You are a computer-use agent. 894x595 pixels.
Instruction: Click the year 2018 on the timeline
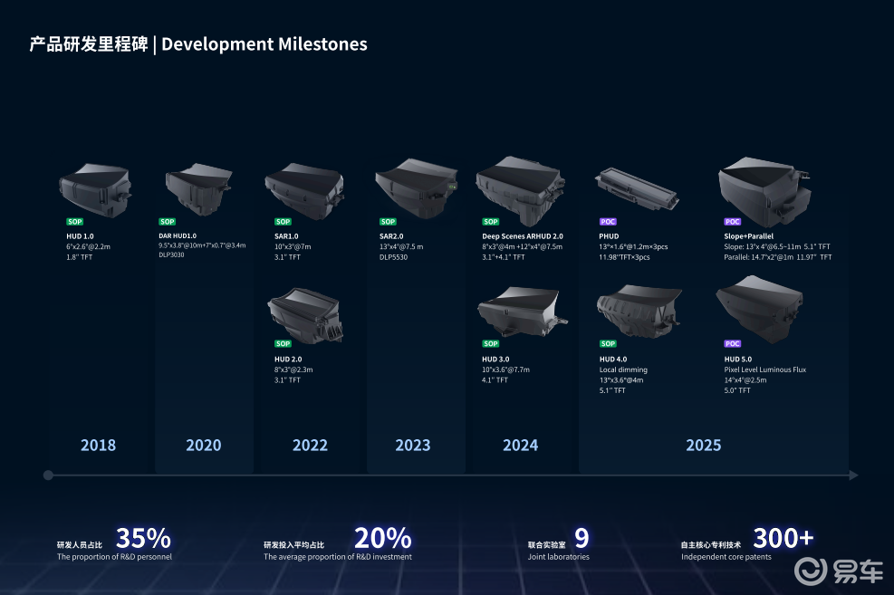pos(98,445)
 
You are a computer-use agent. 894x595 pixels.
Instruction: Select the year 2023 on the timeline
pos(413,445)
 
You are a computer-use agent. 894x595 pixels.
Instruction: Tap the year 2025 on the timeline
pos(703,445)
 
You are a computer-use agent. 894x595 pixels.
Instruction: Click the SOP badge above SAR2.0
pos(388,222)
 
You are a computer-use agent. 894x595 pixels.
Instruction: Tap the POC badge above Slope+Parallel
pos(732,222)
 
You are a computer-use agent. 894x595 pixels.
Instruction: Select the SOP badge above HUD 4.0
pos(608,344)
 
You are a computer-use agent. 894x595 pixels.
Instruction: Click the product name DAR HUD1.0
pos(178,235)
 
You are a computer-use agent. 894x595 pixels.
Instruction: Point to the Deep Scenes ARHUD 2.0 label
pos(523,235)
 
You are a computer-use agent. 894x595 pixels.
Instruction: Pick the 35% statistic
pos(143,538)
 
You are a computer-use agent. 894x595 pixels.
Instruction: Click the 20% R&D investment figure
pos(382,538)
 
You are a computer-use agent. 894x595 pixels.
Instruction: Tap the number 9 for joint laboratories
pos(582,538)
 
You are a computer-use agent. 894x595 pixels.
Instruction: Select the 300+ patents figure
pos(783,538)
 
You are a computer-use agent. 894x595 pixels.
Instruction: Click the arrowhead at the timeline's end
pos(853,475)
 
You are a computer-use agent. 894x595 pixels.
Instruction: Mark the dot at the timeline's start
pos(48,475)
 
